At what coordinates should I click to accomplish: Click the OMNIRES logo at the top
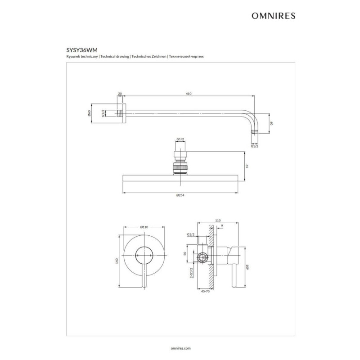tap(274, 16)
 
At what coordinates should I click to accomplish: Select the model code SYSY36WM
tap(82, 50)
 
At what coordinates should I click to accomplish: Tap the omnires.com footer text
tap(181, 348)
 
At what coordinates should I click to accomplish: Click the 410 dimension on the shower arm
tap(189, 94)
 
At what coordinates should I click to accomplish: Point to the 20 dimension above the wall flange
tap(120, 94)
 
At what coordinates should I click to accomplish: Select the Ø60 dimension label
tap(89, 113)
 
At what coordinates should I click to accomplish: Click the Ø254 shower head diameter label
tap(180, 195)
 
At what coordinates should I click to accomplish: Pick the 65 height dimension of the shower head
tap(247, 166)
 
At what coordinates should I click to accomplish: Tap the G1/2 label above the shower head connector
tap(180, 139)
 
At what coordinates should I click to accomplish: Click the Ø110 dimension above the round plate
tap(144, 227)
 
